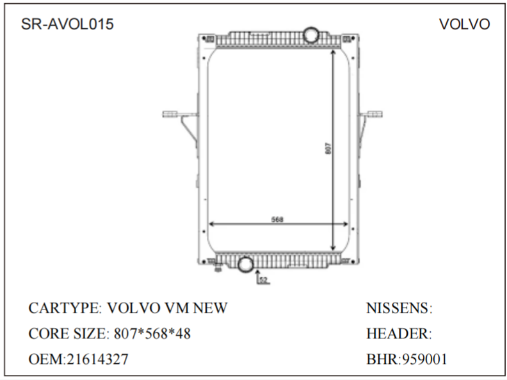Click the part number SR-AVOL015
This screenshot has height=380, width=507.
click(67, 24)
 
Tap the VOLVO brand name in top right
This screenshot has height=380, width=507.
click(464, 24)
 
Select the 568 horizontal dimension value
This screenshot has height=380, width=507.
click(277, 219)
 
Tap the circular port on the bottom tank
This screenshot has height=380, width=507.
click(245, 265)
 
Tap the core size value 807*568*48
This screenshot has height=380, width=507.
click(152, 334)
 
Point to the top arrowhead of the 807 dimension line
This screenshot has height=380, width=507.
click(333, 51)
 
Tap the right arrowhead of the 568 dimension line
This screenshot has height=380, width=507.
click(346, 224)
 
